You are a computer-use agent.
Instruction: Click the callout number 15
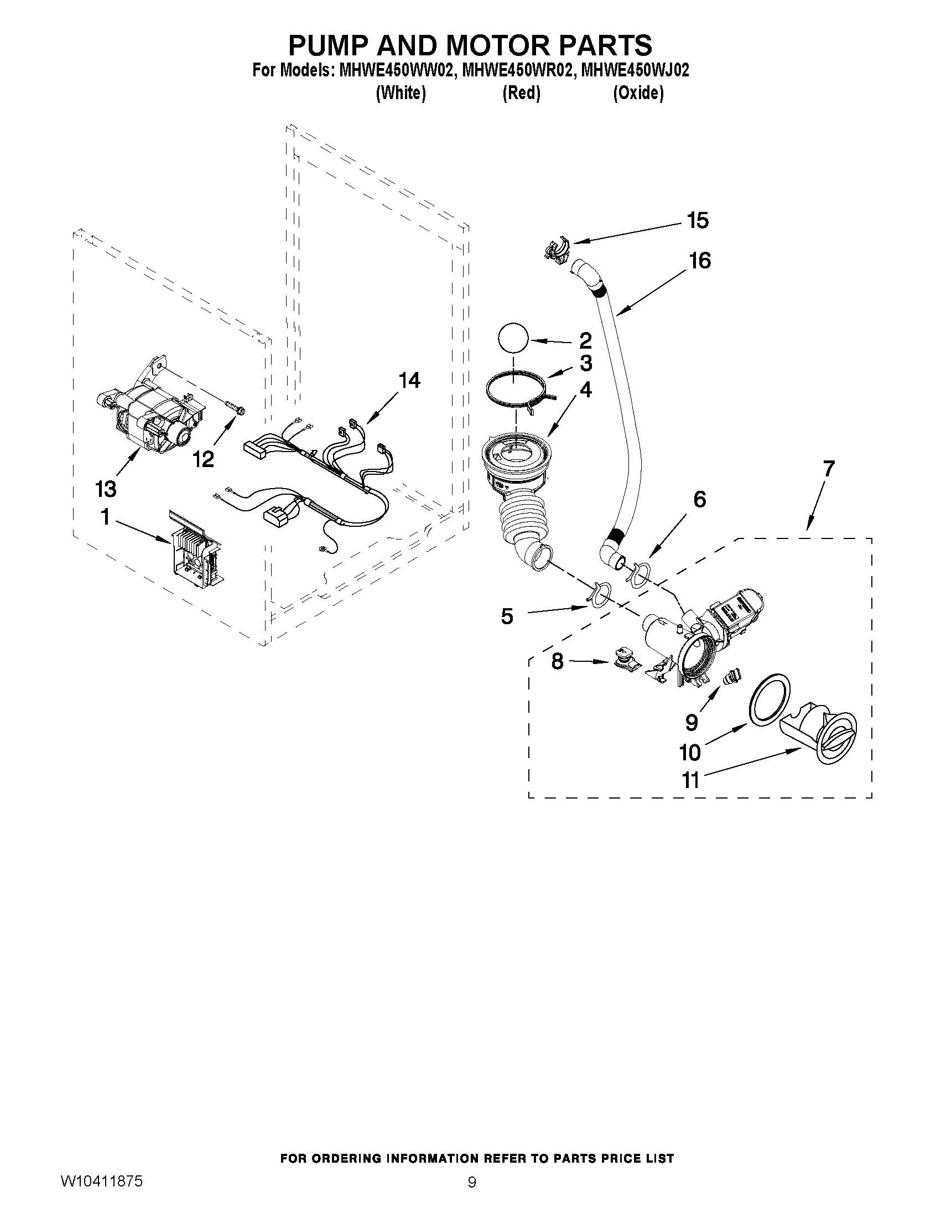(697, 221)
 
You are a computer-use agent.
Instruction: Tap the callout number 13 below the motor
(105, 489)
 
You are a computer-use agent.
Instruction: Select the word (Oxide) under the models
(638, 93)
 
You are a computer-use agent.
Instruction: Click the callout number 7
(828, 469)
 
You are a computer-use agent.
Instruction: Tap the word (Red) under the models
(521, 93)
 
